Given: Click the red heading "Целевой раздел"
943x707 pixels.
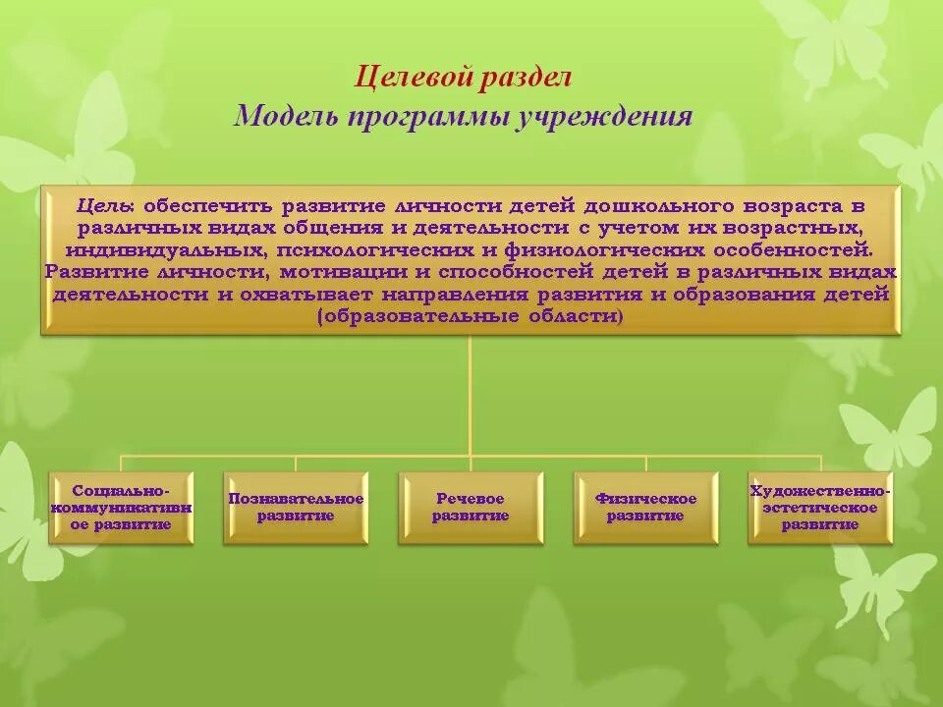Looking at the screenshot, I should coord(462,77).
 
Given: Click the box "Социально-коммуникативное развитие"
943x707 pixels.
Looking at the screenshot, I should coord(122,507).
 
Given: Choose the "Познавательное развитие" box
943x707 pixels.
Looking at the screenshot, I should coord(296,507).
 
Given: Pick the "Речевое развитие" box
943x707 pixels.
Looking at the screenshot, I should coord(471,507).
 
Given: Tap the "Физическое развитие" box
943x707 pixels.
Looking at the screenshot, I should coord(645,507).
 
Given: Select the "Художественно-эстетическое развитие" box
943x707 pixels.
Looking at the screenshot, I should coord(820,507).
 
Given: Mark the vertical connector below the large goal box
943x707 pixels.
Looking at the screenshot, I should coord(471,393).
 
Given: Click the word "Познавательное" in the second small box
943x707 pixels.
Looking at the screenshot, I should coord(296,499).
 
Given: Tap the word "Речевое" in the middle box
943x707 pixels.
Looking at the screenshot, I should coord(471,499).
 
